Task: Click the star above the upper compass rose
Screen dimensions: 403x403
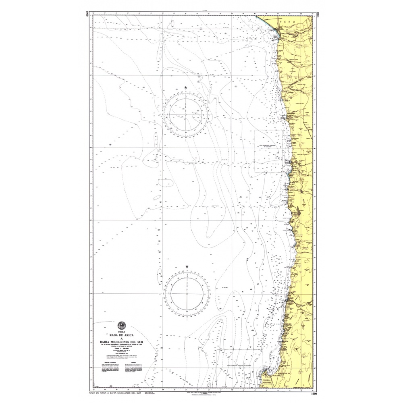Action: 186,87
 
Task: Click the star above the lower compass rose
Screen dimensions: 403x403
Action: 187,267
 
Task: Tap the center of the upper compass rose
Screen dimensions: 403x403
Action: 186,115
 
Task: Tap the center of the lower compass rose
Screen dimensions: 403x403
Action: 187,293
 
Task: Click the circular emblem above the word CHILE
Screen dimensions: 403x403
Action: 121,325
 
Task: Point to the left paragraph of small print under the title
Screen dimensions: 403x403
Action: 106,369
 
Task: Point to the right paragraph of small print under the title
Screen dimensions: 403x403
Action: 137,369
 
